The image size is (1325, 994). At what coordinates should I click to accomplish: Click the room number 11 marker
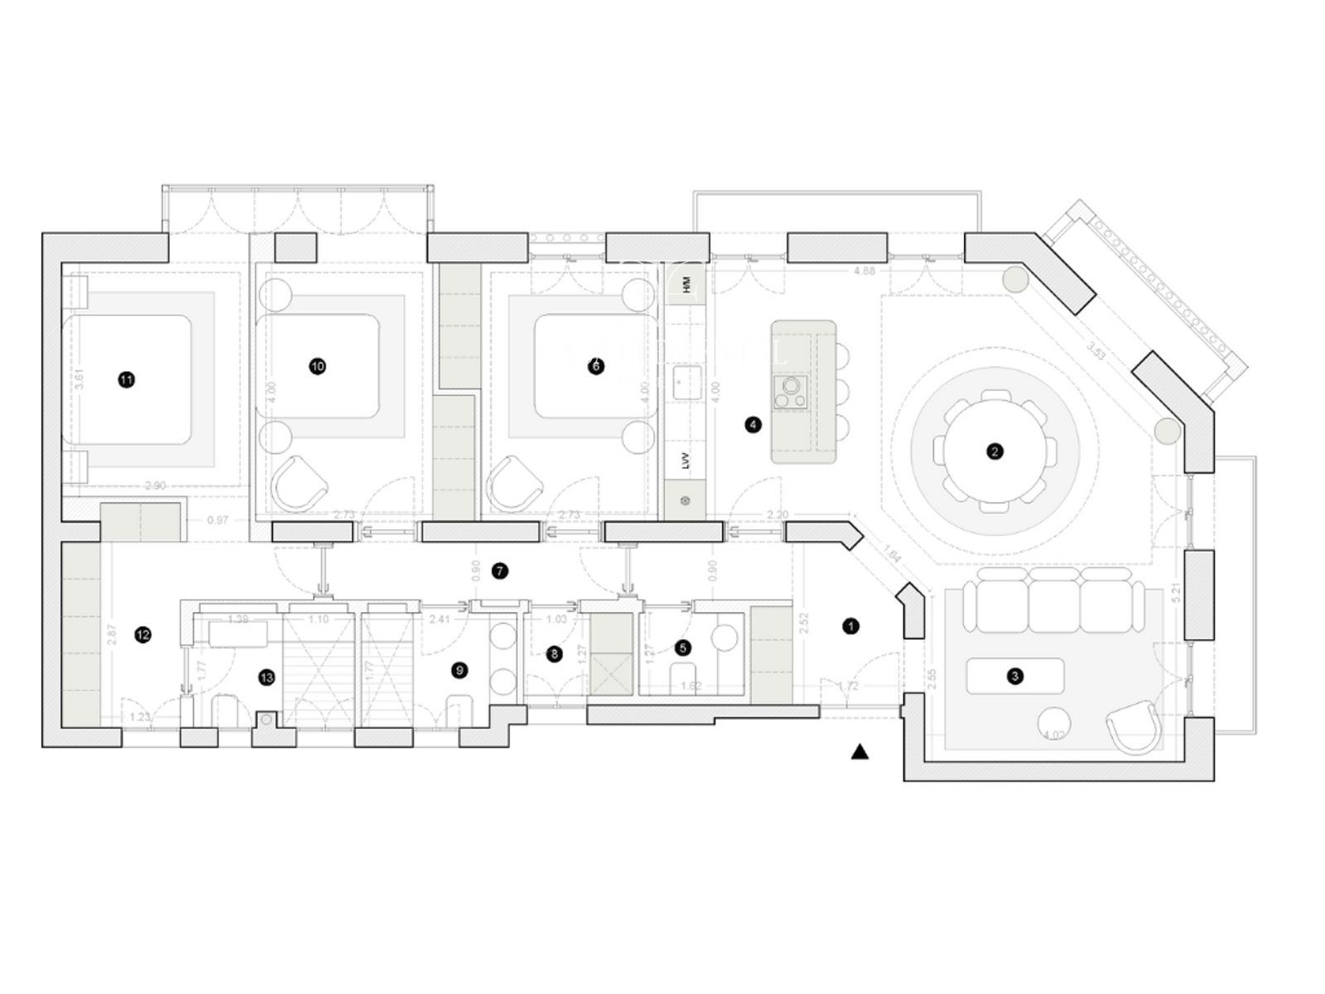pyautogui.click(x=126, y=379)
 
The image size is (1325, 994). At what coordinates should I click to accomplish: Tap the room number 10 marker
pyautogui.click(x=317, y=366)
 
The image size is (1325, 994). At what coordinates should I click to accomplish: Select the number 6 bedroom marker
pyautogui.click(x=595, y=366)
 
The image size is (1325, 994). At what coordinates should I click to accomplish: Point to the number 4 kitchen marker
pyautogui.click(x=753, y=425)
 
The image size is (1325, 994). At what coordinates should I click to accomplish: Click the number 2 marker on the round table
pyautogui.click(x=995, y=451)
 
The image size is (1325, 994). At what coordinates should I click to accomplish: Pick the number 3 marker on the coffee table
pyautogui.click(x=1015, y=676)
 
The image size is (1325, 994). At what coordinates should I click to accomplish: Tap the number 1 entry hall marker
pyautogui.click(x=850, y=626)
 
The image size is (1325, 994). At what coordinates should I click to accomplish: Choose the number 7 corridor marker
pyautogui.click(x=499, y=571)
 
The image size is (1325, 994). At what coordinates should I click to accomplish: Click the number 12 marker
pyautogui.click(x=143, y=635)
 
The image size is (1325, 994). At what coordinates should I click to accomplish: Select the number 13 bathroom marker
pyautogui.click(x=266, y=678)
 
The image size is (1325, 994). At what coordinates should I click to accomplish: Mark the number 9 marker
pyautogui.click(x=460, y=670)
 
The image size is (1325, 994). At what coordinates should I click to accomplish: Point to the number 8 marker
pyautogui.click(x=554, y=654)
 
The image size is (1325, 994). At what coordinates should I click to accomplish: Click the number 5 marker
pyautogui.click(x=682, y=648)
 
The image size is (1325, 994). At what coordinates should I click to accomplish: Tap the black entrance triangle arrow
pyautogui.click(x=860, y=752)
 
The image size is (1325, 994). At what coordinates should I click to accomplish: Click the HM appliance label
pyautogui.click(x=686, y=286)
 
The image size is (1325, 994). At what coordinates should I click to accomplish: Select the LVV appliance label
pyautogui.click(x=686, y=461)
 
